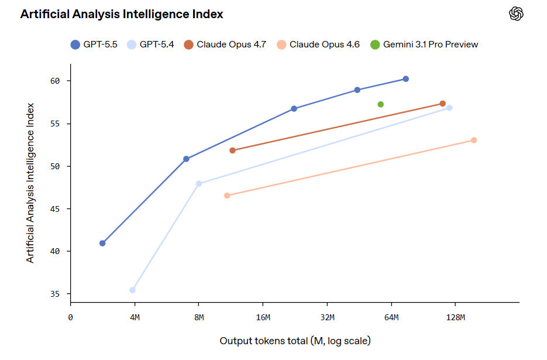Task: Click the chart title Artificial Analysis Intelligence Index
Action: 122,15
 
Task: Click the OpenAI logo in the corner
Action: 516,14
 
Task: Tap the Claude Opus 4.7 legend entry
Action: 225,44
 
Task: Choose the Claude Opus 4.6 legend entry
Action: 318,44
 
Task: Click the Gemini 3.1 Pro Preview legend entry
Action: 424,44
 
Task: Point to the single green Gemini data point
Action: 381,105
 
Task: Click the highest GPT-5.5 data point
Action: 405,79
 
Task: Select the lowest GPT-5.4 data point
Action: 133,290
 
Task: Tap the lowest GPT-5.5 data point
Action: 102,243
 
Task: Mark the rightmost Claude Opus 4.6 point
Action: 474,140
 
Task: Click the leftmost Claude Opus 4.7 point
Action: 232,150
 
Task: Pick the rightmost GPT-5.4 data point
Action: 449,108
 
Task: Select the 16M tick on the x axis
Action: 263,317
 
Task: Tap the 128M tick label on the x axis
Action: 455,317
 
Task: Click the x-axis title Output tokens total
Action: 295,341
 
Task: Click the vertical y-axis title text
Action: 30,183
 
